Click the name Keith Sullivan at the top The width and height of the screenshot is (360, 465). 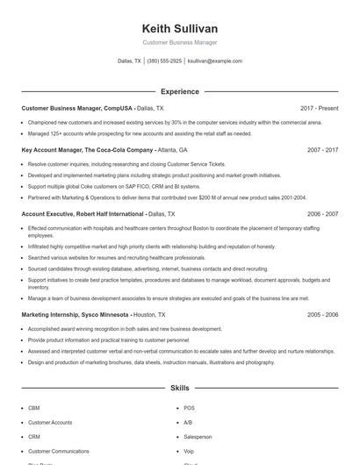179,29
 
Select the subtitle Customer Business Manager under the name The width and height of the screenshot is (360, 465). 179,42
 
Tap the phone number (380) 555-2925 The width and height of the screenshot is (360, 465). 165,61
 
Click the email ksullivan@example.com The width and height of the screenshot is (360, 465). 215,61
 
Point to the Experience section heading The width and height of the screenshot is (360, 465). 179,91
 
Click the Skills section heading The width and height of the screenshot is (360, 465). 179,387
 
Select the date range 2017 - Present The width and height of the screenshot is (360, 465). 319,107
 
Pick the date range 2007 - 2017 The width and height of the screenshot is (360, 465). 322,150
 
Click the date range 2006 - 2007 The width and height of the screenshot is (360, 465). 322,213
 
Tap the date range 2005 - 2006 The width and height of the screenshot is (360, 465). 322,314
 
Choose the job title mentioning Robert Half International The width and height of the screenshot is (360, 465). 84,213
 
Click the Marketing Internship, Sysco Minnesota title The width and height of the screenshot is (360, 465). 76,314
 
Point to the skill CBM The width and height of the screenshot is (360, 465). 34,408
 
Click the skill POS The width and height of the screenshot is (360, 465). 189,408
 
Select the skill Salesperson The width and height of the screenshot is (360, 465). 198,436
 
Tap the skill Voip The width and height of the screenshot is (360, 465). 190,450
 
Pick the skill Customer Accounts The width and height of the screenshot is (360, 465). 50,422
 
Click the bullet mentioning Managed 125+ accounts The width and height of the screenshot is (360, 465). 140,133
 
